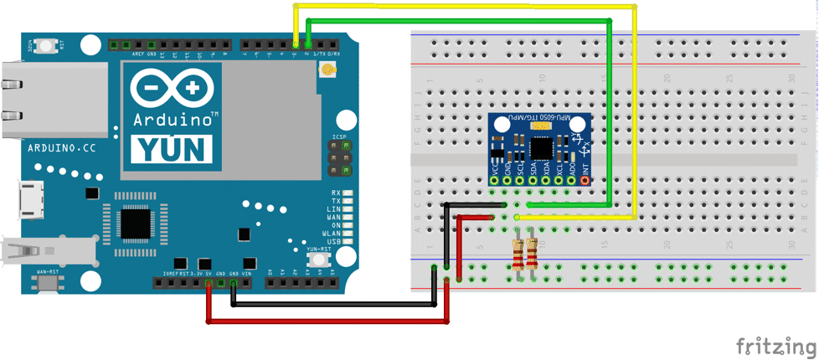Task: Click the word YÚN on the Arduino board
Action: (x=172, y=148)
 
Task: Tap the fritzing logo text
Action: (x=775, y=346)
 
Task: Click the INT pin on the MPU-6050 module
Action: (x=585, y=180)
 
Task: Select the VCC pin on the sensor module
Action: (x=494, y=180)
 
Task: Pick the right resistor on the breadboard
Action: (x=532, y=252)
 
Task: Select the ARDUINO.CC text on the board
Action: (x=64, y=148)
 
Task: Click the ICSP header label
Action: (x=339, y=136)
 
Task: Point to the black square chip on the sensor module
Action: (x=541, y=147)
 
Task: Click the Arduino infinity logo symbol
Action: (x=172, y=87)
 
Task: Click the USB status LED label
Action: (x=335, y=242)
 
